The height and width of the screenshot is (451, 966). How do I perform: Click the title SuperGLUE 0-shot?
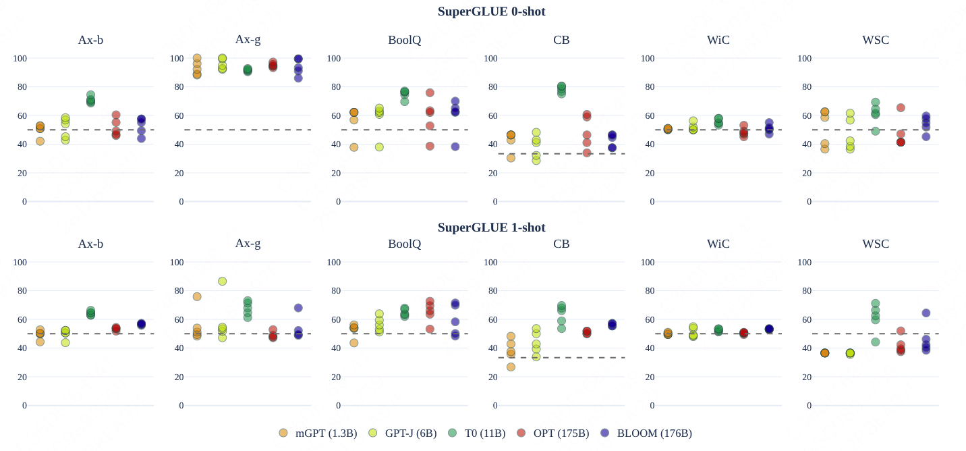click(x=491, y=11)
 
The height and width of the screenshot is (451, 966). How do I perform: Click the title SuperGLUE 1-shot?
click(x=491, y=228)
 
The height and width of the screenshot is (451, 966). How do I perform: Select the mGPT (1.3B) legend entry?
click(x=318, y=433)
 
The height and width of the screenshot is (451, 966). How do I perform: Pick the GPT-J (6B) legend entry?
click(x=402, y=433)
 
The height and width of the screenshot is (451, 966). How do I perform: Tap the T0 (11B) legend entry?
click(x=476, y=433)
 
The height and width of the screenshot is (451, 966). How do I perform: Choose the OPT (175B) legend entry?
click(x=552, y=433)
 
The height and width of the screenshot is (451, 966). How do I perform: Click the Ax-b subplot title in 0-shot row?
click(x=90, y=40)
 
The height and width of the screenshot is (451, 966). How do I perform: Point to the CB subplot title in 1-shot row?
click(x=561, y=244)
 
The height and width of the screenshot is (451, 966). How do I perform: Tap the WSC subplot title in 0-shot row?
click(x=876, y=40)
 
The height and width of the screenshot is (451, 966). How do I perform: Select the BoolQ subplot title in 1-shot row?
click(x=404, y=244)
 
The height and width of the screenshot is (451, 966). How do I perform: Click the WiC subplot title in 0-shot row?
click(x=718, y=40)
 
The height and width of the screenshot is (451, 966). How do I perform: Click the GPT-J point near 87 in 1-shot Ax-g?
click(x=222, y=281)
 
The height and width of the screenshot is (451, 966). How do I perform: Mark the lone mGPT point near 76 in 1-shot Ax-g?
click(x=197, y=296)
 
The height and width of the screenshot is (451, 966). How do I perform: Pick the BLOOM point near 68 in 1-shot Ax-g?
click(x=298, y=308)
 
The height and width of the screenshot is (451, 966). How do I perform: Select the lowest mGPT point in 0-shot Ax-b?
click(x=40, y=141)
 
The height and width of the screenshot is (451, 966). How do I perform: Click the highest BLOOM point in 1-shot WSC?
click(x=926, y=313)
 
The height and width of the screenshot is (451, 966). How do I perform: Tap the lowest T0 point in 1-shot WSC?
click(x=876, y=342)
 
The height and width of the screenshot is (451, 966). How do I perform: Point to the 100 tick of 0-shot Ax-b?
click(x=20, y=59)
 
